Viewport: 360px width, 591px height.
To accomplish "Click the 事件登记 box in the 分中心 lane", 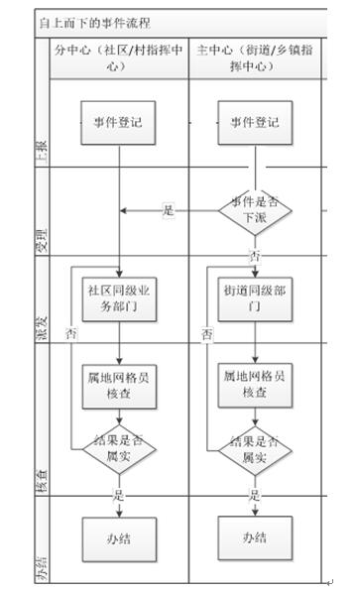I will (118, 123).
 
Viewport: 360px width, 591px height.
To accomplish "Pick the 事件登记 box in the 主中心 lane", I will (255, 123).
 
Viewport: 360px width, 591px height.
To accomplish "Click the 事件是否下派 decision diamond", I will (255, 209).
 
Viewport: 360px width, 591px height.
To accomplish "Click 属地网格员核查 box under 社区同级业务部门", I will (118, 385).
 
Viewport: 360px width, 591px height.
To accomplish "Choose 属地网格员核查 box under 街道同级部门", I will (255, 385).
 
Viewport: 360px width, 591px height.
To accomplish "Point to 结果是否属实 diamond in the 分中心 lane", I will (118, 450).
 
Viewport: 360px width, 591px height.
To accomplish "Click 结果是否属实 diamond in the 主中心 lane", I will (255, 450).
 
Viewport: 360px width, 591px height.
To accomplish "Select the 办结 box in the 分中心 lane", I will (118, 537).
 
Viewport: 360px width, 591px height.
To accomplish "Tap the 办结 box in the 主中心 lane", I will (255, 537).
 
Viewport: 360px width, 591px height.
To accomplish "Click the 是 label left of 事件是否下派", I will (168, 210).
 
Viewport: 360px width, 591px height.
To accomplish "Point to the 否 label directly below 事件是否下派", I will (255, 256).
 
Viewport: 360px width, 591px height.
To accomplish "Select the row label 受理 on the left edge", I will (42, 241).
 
